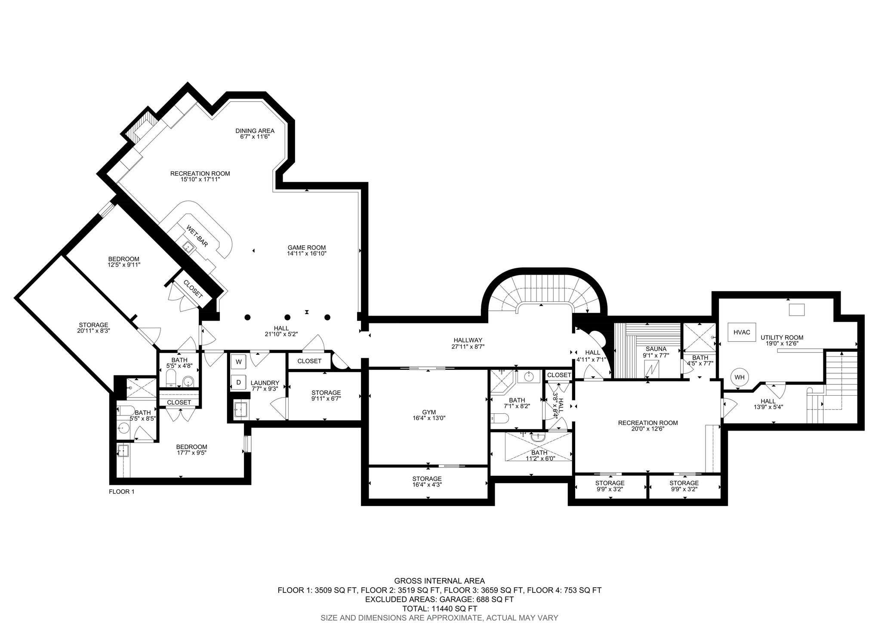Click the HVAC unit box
point(742,332)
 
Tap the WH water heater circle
point(739,378)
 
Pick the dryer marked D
point(238,382)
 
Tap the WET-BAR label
point(197,236)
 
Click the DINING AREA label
point(255,131)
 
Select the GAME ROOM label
point(307,248)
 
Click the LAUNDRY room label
point(265,383)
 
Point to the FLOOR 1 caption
point(122,491)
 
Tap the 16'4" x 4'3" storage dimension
point(427,485)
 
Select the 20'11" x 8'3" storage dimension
point(93,331)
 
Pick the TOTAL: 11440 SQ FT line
point(439,609)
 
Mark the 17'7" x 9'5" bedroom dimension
point(191,453)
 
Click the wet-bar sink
point(188,247)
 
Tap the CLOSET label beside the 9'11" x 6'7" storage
point(309,361)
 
